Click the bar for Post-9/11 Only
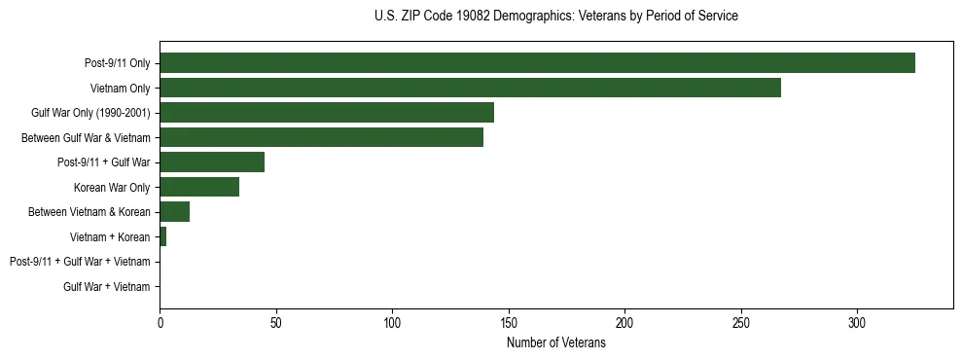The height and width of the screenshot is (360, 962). pos(537,63)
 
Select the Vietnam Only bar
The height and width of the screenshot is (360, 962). pos(470,88)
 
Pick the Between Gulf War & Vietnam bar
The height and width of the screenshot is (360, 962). pos(321,137)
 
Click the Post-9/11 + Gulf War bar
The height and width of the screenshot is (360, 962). pos(212,162)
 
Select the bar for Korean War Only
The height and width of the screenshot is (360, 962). pos(199,187)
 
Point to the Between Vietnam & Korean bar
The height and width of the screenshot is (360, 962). pos(174,212)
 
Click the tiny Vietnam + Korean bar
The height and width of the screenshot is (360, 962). pos(162,236)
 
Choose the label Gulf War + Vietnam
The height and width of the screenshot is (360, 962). pos(106,287)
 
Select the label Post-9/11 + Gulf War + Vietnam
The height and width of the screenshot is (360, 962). pos(80,262)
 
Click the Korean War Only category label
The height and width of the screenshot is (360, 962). pos(112,188)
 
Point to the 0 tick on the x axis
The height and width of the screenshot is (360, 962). pos(160,322)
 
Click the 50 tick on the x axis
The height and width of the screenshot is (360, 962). pos(276,322)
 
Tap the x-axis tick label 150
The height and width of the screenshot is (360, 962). pos(509,322)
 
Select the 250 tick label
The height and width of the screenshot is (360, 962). pos(741,322)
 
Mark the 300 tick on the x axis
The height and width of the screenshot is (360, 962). pos(857,322)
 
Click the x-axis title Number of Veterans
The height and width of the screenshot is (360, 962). pos(555,343)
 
